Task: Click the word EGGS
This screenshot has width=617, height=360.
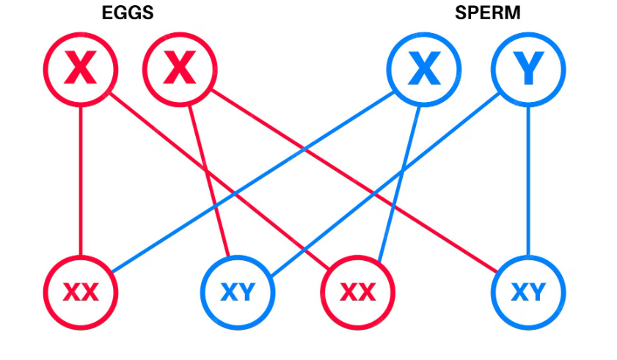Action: pos(127,14)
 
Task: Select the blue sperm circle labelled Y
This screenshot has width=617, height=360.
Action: pos(527,70)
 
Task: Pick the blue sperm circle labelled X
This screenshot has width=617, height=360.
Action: pos(423,70)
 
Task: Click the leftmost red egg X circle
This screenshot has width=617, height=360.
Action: pos(81,70)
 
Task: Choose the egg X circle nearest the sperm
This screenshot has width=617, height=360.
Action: pos(180,70)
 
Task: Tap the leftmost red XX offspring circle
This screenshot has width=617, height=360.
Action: pos(81,293)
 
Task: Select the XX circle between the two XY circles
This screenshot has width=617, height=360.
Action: pos(358,293)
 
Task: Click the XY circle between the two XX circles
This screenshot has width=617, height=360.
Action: pos(238,293)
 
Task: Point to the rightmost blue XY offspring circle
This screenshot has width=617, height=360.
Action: pos(527,293)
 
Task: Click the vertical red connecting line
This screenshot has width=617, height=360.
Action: pos(81,183)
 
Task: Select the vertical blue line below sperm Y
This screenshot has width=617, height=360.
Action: pos(527,183)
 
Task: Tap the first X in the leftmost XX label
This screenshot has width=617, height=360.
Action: pos(72,293)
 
